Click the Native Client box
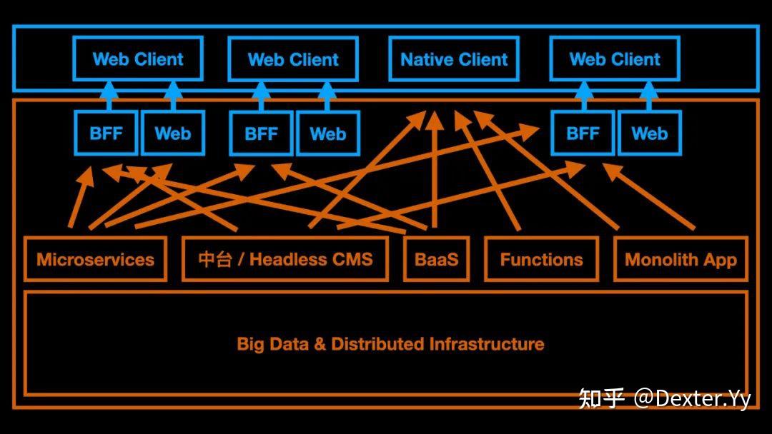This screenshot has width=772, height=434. (x=454, y=59)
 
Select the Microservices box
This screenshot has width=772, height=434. (x=95, y=259)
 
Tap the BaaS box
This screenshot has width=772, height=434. (x=436, y=259)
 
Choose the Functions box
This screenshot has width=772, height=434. (x=541, y=259)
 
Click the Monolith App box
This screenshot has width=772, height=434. (x=681, y=259)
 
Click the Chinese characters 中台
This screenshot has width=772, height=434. (x=214, y=259)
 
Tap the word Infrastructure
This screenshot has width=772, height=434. (x=486, y=344)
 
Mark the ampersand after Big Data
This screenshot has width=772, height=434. (x=320, y=344)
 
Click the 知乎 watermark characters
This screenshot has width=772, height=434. (x=602, y=398)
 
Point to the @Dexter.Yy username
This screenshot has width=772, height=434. (x=692, y=398)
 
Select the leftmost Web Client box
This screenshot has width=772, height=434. (x=138, y=59)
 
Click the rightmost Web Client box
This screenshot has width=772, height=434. (x=615, y=59)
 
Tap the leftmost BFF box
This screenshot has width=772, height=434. (x=106, y=133)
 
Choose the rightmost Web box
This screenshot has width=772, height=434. (x=649, y=133)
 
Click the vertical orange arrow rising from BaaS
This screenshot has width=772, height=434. (x=434, y=171)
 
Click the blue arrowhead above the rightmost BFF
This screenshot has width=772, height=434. (x=584, y=90)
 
